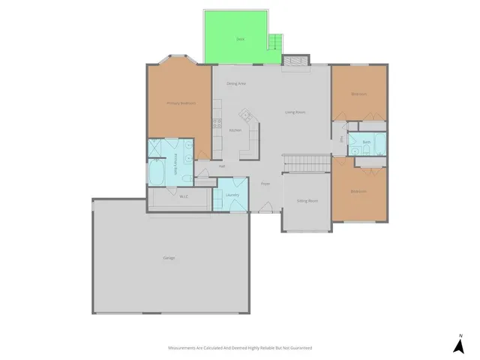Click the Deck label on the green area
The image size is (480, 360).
pos(240,37)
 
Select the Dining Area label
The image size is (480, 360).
pos(236,83)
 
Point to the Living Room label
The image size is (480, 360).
pos(295,112)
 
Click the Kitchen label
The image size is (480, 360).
pos(235,130)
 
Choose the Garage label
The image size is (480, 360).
pos(169,258)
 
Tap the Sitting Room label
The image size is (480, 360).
pos(307,201)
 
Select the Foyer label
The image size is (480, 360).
pos(265,184)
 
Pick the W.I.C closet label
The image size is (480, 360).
pos(183,196)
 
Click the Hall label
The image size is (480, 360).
pos(222,166)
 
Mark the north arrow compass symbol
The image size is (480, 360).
pos(458,344)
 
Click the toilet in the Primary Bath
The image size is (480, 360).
pos(202,178)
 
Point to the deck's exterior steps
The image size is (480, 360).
pos(276,43)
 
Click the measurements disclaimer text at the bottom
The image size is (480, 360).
pos(239,348)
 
